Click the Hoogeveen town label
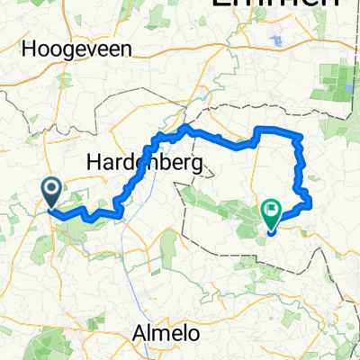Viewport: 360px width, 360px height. tap(79, 49)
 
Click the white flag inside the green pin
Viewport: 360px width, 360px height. tap(271, 211)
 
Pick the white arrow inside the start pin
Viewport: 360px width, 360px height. tap(51, 189)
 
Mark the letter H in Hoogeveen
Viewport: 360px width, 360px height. tap(35, 49)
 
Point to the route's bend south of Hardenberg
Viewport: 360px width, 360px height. tap(120, 213)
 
